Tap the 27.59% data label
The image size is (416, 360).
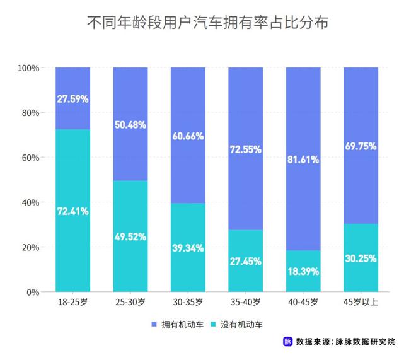coord(72,99)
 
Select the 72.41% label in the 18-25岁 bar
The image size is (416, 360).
coord(72,211)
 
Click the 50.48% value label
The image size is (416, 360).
coord(130,125)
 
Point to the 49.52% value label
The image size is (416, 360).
coord(130,237)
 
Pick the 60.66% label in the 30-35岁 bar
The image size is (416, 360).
coord(188,136)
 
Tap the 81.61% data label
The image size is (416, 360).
coord(303,160)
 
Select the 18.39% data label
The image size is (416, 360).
coord(303,272)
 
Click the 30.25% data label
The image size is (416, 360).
coord(361,258)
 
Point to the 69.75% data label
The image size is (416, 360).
coord(361,146)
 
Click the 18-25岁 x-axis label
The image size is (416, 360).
coord(72,303)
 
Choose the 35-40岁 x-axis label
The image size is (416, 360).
coord(246,303)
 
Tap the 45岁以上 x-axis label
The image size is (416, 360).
coord(361,303)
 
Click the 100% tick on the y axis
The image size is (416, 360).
coord(29,68)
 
